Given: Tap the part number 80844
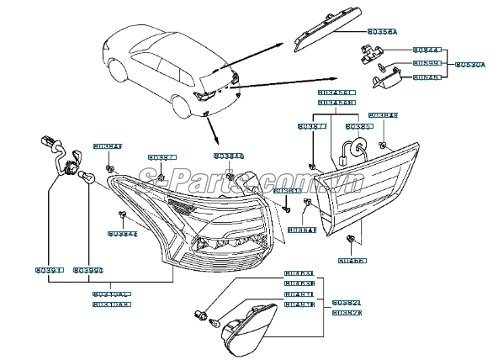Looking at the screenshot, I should pos(426,50).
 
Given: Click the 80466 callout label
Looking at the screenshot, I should pos(350,261).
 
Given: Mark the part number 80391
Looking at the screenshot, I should pos(49,270).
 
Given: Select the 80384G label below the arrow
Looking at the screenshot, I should pos(228,156).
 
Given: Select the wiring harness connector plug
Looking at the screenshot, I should pos(47,144).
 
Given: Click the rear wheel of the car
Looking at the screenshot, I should pos(179,104).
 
